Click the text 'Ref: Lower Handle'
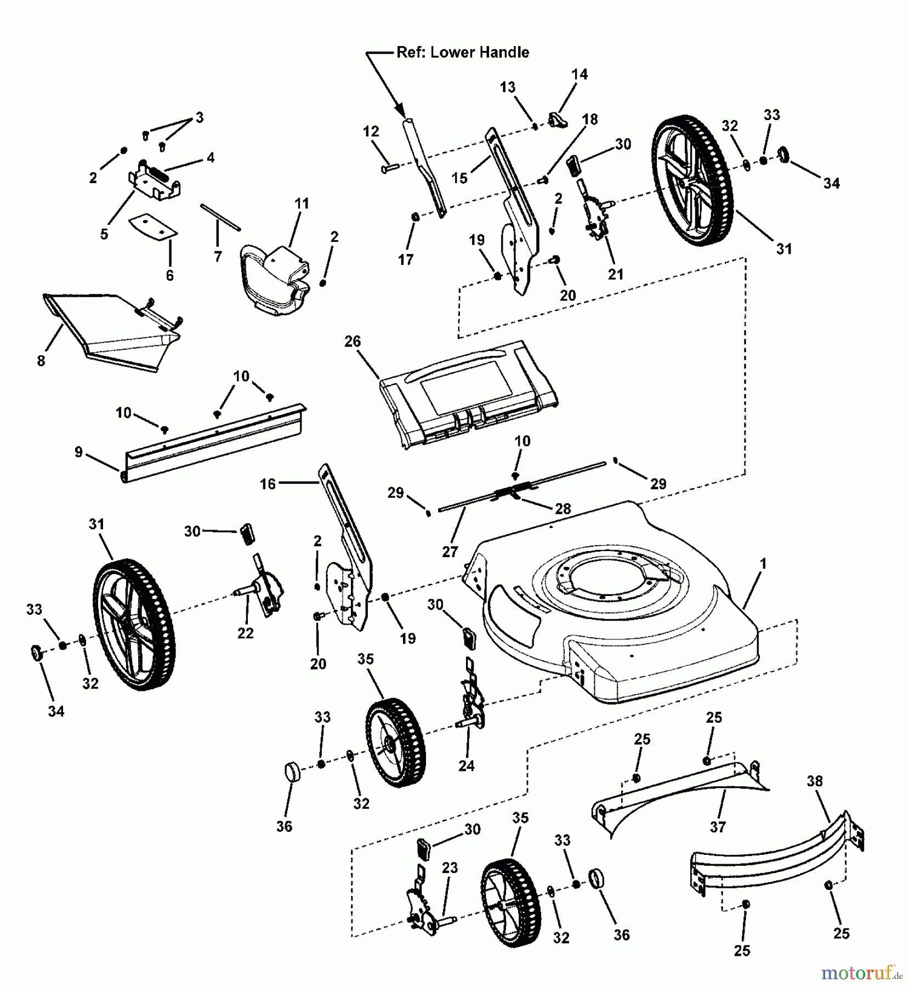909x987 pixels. pos(463,53)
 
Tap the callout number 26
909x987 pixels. pos(353,341)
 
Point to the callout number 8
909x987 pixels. pos(41,361)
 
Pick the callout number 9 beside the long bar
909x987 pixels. pos(79,452)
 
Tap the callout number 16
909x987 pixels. pos(268,484)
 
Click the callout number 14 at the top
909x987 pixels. pos(580,74)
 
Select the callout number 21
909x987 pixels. pos(616,274)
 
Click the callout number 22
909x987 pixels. pos(246,633)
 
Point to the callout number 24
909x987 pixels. pos(466,765)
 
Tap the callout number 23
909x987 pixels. pos(450,868)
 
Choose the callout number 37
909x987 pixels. pos(718,826)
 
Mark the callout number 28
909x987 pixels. pos(563,508)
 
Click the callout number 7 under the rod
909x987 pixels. pos(218,256)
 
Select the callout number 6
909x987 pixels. pos(169,275)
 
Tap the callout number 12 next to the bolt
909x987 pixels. pos(371,132)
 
